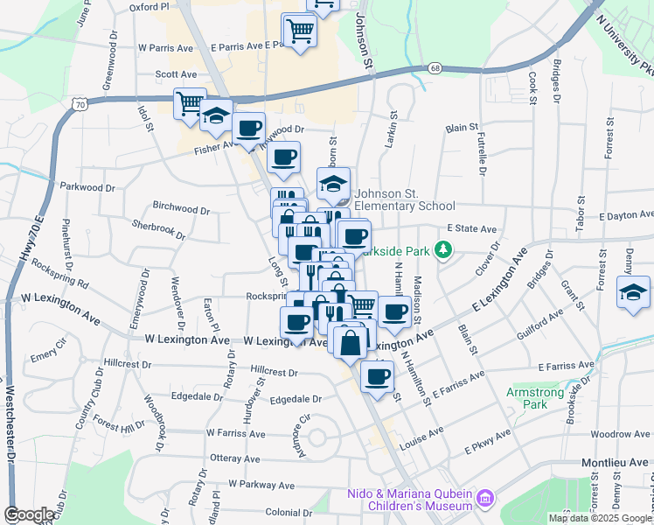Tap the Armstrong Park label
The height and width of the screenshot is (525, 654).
[x=534, y=398]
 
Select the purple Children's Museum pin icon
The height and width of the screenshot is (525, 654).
[x=486, y=500]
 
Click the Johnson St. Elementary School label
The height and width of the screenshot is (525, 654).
[x=405, y=200]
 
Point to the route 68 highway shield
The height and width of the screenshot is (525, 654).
[x=435, y=67]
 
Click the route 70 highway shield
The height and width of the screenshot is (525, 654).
[x=81, y=104]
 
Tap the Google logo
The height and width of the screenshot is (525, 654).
[x=29, y=514]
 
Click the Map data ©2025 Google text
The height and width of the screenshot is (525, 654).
[x=599, y=518]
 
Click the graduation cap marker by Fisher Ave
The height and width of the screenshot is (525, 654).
[x=216, y=115]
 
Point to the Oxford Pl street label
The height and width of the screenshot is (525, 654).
[x=149, y=6]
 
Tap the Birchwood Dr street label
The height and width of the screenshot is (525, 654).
[x=181, y=210]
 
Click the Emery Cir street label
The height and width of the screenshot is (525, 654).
[x=43, y=357]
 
